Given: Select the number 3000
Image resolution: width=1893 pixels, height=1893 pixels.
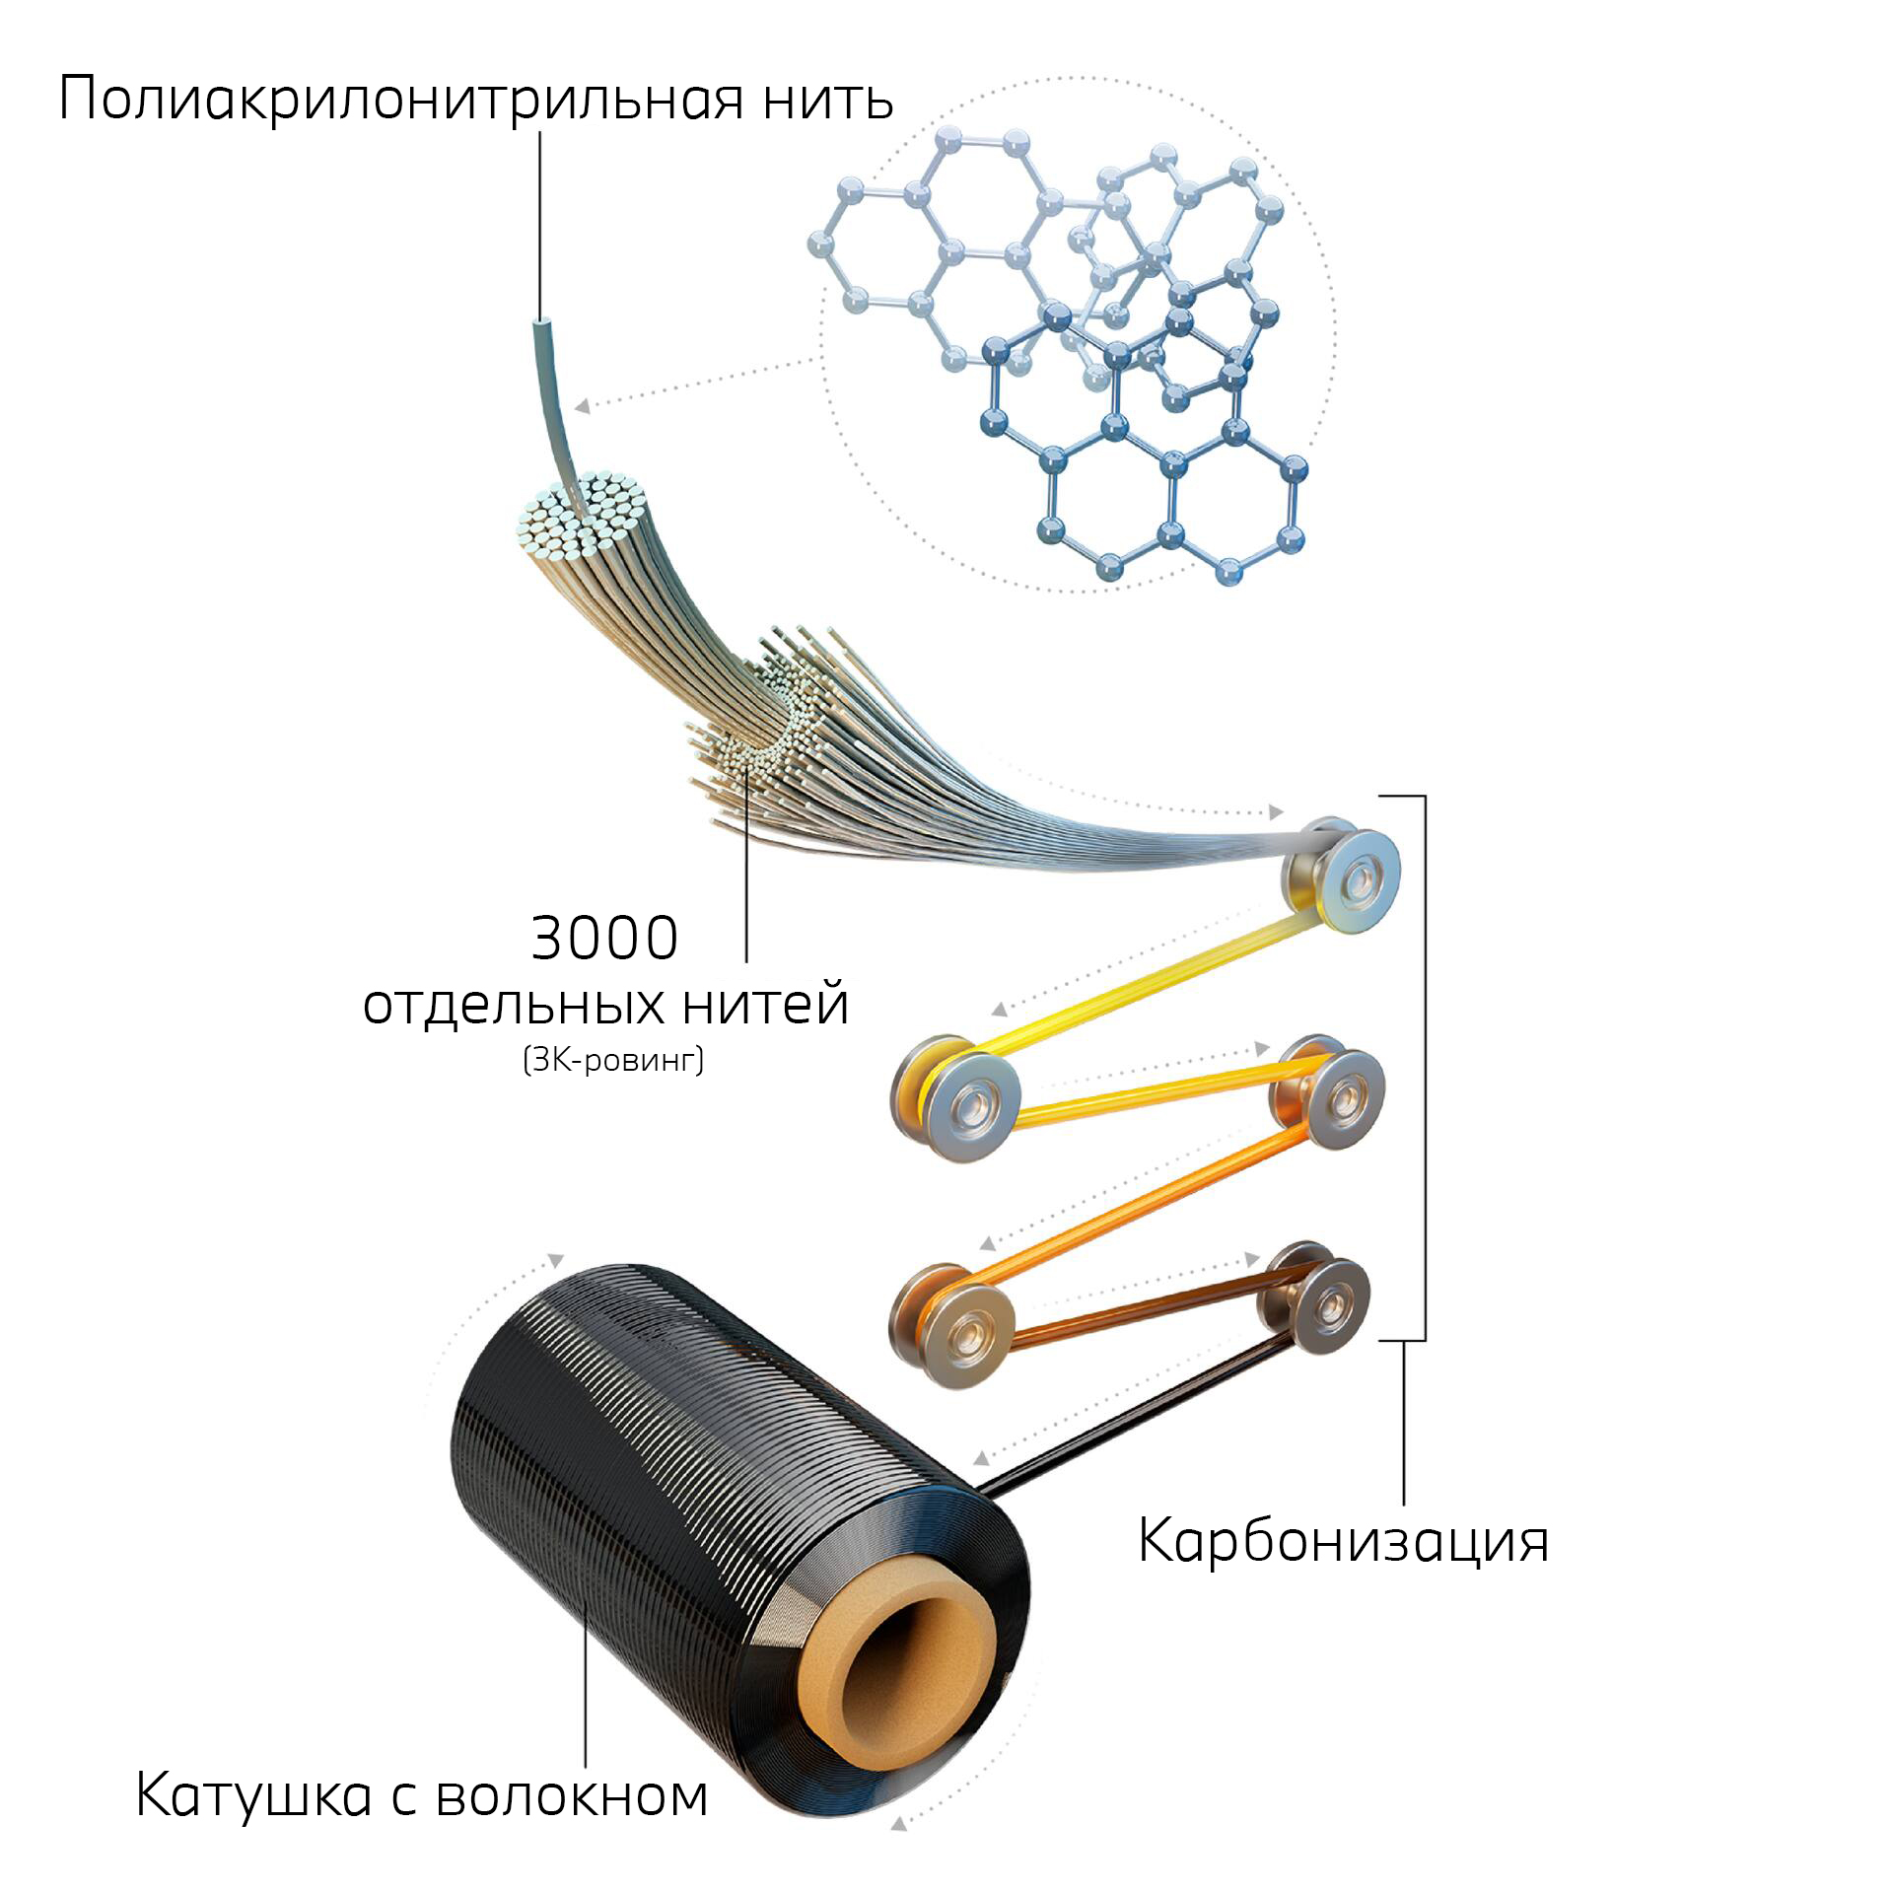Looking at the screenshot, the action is (604, 938).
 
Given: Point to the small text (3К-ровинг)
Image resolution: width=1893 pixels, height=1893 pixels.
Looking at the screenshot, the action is (613, 1060).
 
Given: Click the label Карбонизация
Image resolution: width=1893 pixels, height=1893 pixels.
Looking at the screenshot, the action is (1343, 1540).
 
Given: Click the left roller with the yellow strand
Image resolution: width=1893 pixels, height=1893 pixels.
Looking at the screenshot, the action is (956, 1097).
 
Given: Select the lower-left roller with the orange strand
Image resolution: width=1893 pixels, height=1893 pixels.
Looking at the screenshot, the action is (952, 1326).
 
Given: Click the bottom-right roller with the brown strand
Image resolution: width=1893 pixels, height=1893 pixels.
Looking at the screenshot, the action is (1317, 1299).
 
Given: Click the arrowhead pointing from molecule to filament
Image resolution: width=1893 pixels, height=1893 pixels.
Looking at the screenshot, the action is (584, 405).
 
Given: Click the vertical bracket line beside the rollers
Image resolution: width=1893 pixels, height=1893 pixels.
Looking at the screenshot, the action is (1425, 1068).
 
